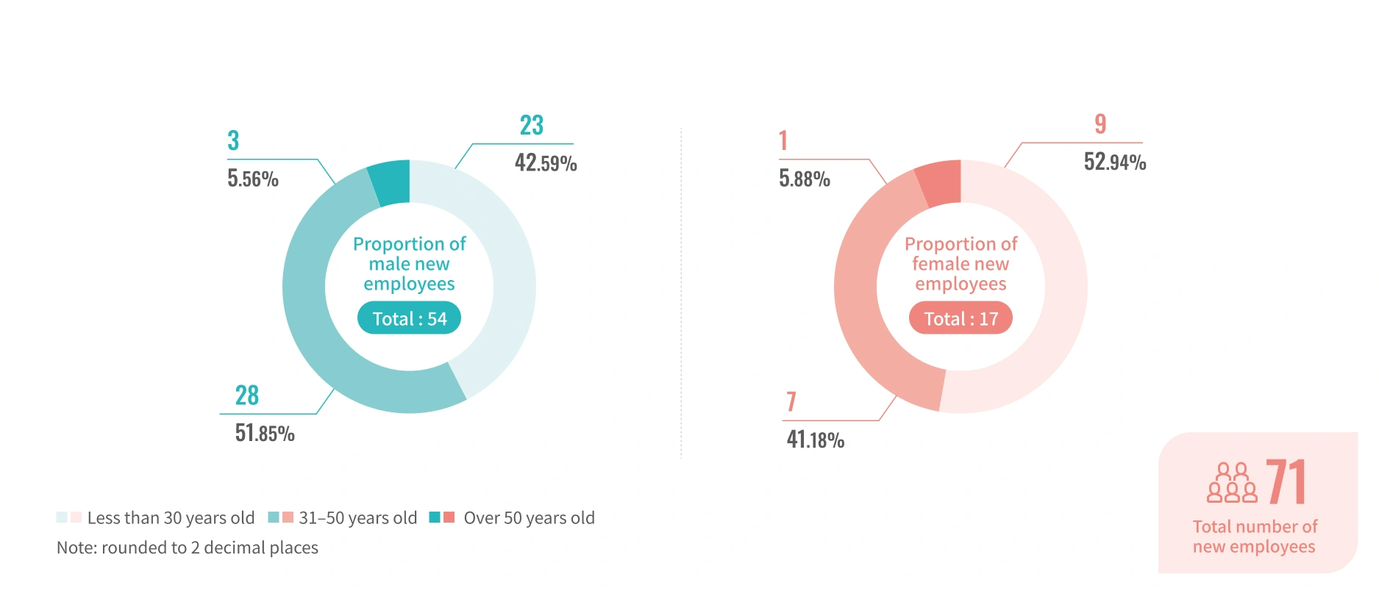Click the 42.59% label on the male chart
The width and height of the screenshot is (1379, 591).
tap(546, 162)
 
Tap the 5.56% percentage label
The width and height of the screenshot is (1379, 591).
tap(253, 179)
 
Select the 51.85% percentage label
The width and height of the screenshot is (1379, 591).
tap(265, 433)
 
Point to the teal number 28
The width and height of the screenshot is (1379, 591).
tap(247, 395)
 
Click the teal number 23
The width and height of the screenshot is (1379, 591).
tap(532, 126)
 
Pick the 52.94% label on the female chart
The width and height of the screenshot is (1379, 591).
tap(1115, 162)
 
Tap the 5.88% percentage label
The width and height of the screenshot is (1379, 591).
tap(805, 179)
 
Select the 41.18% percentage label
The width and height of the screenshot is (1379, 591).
tap(816, 440)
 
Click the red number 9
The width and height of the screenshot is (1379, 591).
tap(1100, 124)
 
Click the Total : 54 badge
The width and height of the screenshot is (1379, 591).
tap(409, 318)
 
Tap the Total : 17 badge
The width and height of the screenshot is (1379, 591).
tap(961, 318)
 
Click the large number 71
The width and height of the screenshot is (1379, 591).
tap(1286, 482)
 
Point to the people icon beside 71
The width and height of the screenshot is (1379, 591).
tap(1232, 483)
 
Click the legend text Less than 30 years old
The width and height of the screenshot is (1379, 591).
tap(171, 518)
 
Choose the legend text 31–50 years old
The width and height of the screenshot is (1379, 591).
tap(357, 518)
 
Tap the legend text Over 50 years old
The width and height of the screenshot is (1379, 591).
tap(529, 518)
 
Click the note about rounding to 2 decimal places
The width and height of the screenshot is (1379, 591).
tap(188, 548)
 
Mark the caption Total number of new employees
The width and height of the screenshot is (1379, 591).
tap(1255, 537)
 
